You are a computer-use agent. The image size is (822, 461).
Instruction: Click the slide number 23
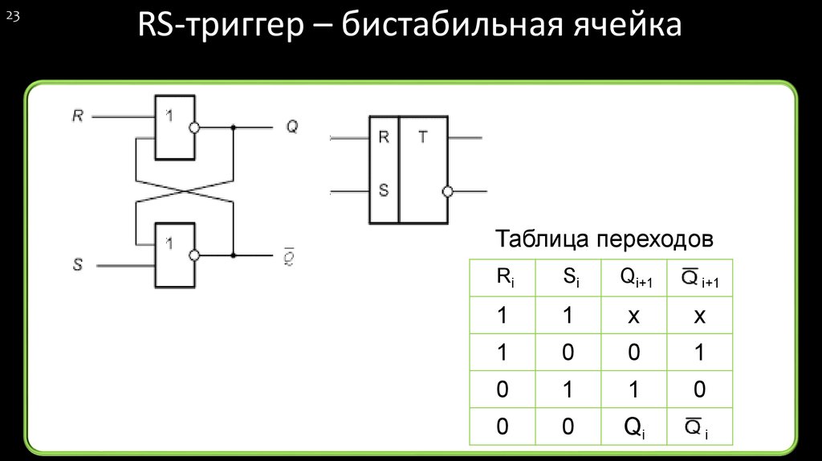[13, 17]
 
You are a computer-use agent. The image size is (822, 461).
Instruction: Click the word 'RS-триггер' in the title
[221, 25]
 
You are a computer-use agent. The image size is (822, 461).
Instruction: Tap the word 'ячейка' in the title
[627, 25]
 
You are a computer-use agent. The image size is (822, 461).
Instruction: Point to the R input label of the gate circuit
[78, 116]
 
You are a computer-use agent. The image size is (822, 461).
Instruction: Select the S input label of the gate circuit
[78, 264]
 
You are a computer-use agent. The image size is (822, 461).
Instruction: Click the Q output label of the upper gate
[292, 126]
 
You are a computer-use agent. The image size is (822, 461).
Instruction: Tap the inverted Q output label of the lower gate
[289, 256]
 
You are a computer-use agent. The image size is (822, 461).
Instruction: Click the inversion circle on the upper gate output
[194, 128]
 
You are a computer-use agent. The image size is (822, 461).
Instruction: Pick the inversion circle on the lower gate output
[194, 255]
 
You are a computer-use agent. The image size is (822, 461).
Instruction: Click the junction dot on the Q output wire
[234, 128]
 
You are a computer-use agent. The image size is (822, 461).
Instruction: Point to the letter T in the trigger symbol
[422, 137]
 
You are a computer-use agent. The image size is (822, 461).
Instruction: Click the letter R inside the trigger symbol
[384, 137]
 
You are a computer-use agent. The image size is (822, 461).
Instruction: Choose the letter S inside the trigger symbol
[384, 190]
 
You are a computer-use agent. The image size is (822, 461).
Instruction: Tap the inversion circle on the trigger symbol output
[448, 192]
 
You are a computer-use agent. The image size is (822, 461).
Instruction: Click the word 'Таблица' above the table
[542, 239]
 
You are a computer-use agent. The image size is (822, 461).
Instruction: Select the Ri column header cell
[503, 278]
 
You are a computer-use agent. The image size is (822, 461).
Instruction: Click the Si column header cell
[568, 278]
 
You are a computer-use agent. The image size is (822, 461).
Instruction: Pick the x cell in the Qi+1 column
[634, 315]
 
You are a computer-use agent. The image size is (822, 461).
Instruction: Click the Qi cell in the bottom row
[634, 426]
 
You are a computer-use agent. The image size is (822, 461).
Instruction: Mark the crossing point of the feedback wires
[185, 191]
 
